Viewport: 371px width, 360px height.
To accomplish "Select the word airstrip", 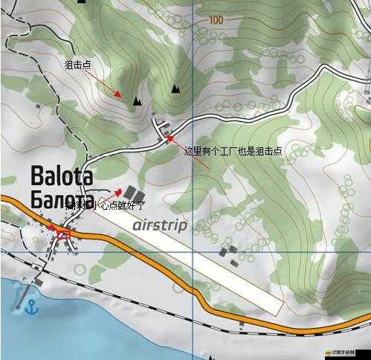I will (x=160, y=225).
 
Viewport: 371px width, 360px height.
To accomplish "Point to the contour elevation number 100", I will (x=216, y=20).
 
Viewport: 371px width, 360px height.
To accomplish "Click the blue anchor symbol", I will (x=32, y=306).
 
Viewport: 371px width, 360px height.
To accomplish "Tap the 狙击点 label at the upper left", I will (x=77, y=65).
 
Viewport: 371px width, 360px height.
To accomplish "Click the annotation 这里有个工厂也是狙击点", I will (x=233, y=151).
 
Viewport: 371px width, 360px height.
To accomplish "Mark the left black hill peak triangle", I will (x=137, y=100).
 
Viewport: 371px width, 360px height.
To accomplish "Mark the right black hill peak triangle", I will (x=175, y=89).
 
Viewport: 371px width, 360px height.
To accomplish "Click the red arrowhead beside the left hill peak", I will (x=120, y=94).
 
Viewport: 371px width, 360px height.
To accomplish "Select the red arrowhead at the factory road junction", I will (x=170, y=137).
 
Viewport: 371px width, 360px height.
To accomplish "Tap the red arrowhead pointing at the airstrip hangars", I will (x=117, y=191).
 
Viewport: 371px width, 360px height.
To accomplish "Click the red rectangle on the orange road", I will (x=63, y=234).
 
